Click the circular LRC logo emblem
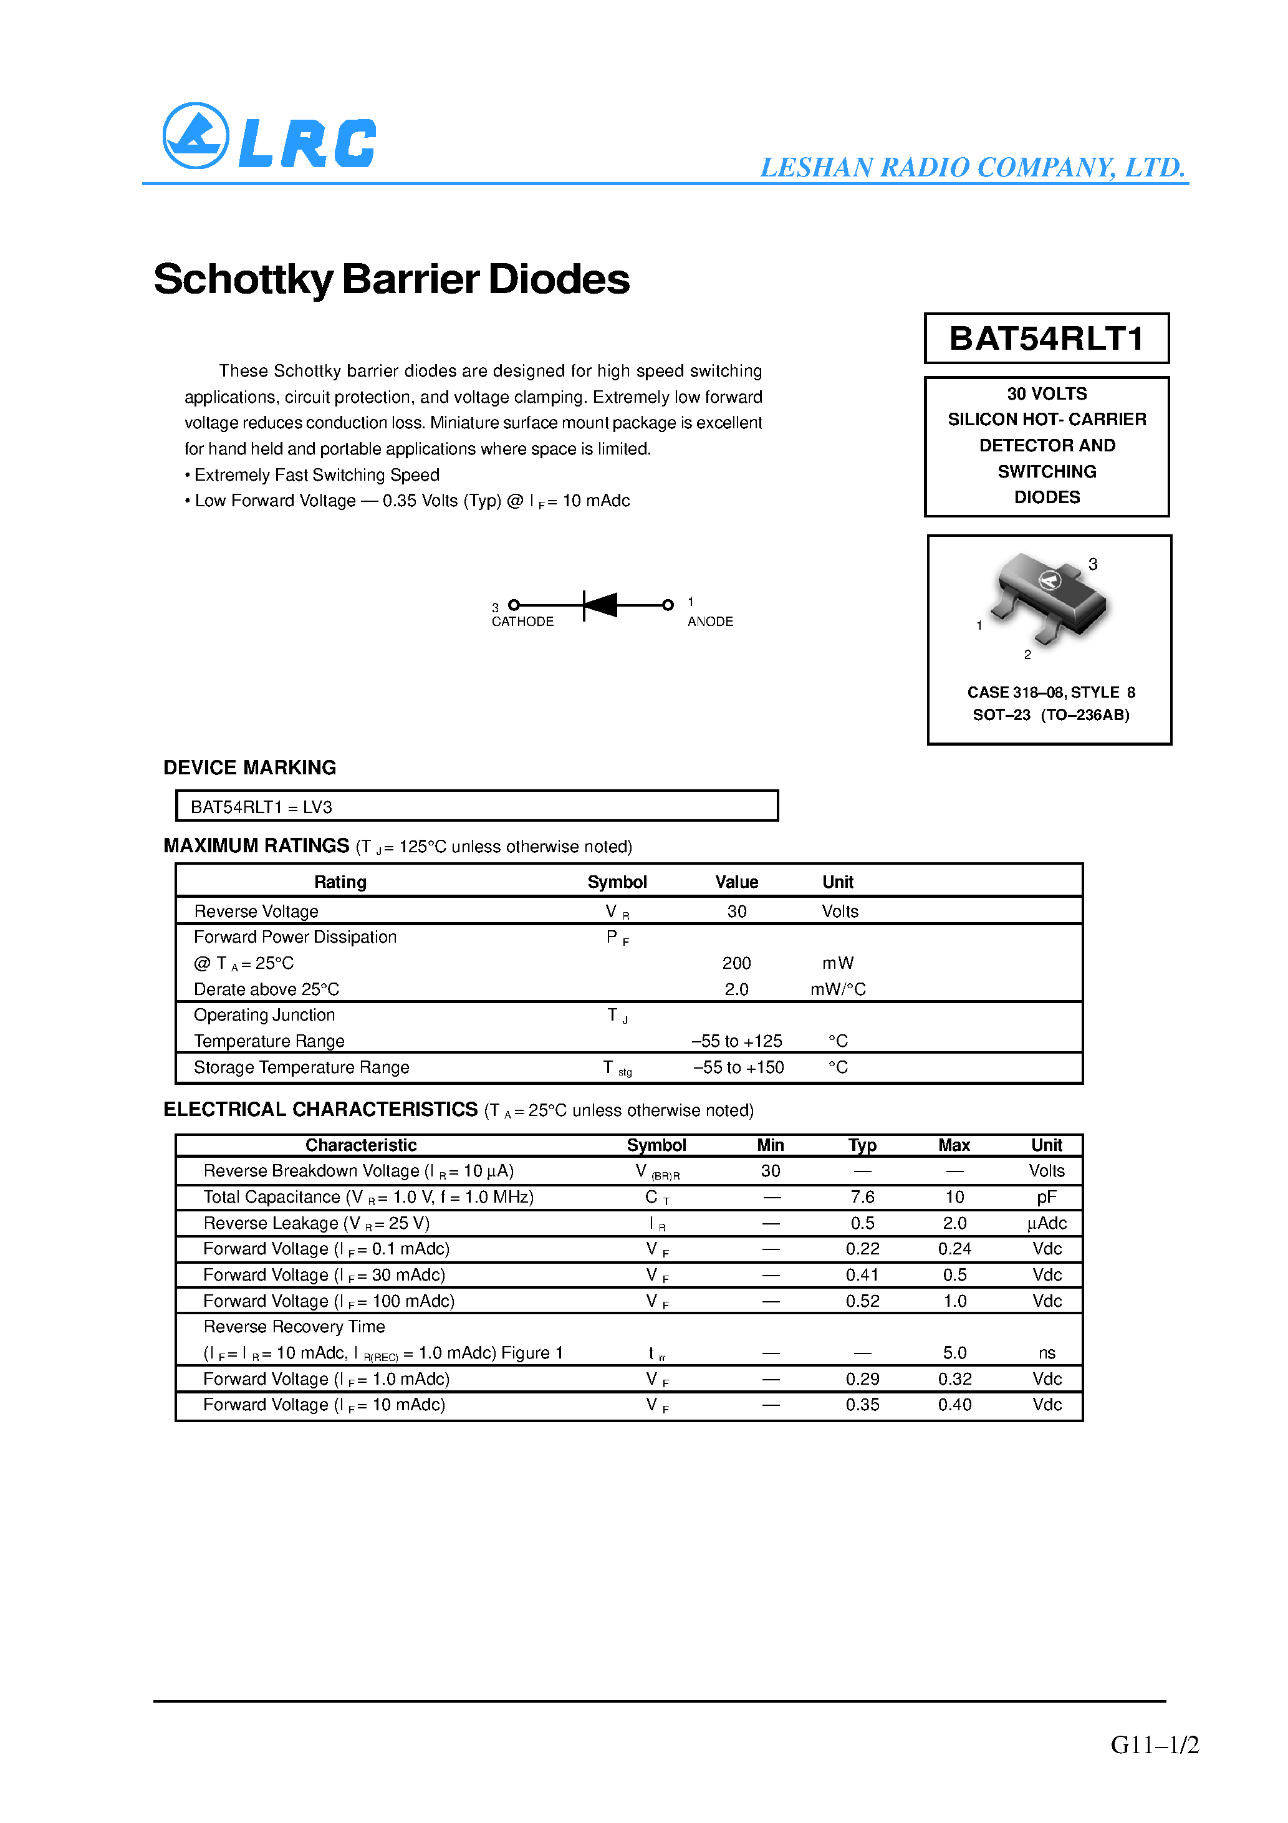tap(195, 136)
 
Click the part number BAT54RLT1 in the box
tap(1046, 339)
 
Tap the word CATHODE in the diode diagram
tap(522, 622)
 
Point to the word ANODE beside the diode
tap(710, 622)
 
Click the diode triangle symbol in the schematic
tap(601, 605)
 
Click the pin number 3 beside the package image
tap(1093, 564)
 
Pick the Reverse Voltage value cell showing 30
tap(736, 911)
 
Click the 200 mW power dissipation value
tap(736, 963)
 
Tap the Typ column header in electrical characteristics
tap(862, 1145)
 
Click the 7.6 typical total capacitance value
tap(862, 1197)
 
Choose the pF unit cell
tap(1046, 1197)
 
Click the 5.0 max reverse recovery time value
tap(954, 1353)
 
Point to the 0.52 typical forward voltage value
tap(862, 1301)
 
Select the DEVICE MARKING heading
tap(249, 767)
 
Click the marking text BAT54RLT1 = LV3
tap(261, 807)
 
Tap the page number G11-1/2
tap(1154, 1744)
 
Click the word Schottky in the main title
tap(243, 279)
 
